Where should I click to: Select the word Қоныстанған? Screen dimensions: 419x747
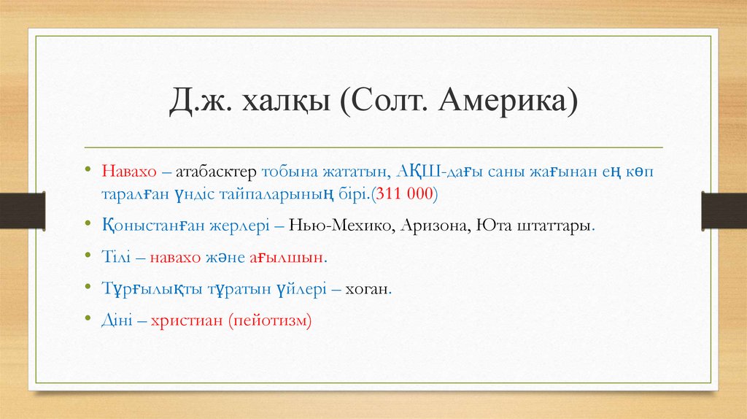click(145, 226)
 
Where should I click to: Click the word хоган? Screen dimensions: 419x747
click(368, 289)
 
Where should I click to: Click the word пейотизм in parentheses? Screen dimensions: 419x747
click(269, 320)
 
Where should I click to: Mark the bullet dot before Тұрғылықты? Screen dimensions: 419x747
click(87, 289)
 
